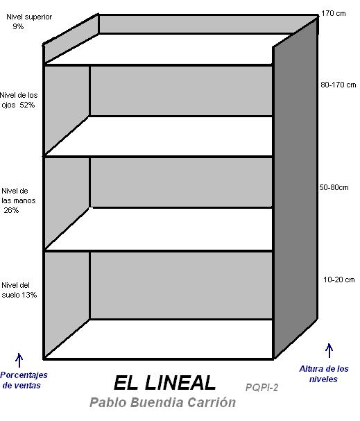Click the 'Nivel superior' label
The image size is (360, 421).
29,17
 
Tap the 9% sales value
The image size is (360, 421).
18,26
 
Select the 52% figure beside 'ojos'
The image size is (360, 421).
27,105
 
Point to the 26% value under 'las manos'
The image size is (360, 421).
11,210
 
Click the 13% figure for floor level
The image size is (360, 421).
29,295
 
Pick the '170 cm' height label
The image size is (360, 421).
334,13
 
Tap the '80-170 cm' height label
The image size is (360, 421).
338,85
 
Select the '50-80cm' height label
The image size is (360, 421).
334,187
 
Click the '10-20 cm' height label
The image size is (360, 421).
338,280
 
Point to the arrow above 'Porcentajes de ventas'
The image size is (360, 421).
19,360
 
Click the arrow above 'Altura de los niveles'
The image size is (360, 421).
329,350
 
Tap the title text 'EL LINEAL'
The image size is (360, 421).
164,383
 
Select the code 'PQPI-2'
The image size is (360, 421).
262,388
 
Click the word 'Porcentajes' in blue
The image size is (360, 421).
24,375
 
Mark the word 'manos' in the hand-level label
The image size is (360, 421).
26,200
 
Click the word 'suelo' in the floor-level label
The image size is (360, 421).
10,295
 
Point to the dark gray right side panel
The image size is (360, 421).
295,188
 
